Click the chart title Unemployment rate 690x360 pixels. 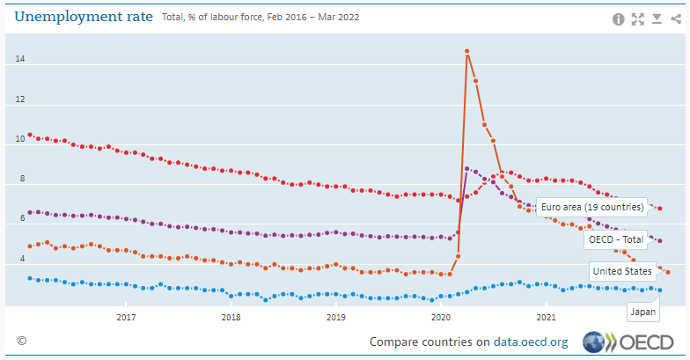tap(84, 17)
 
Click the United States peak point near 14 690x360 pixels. tap(466, 51)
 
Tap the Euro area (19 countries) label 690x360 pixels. tap(591, 207)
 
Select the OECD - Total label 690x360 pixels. tap(617, 239)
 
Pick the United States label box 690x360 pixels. tap(622, 270)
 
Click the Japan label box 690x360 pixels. tap(642, 311)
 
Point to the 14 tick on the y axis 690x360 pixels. tap(19, 60)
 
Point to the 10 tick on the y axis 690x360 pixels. tap(19, 140)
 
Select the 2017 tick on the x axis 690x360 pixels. tap(126, 317)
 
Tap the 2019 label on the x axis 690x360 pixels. tap(335, 317)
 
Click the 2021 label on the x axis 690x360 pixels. tap(546, 317)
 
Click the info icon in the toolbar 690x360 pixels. tap(619, 18)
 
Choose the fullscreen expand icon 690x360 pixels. tap(638, 18)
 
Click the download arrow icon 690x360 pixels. tap(657, 18)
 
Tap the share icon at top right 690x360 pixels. tap(675, 18)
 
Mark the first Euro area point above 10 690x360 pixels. tap(30, 135)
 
